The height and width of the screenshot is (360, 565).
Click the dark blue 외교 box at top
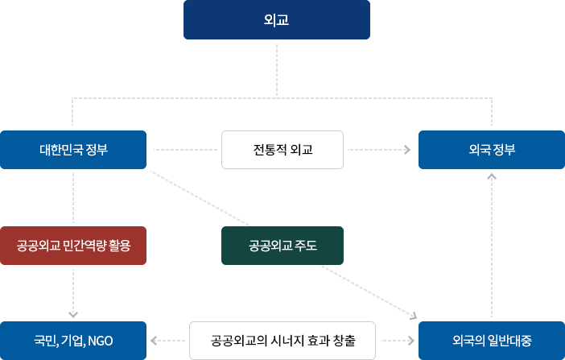[277, 20]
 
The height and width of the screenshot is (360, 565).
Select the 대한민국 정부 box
[73, 150]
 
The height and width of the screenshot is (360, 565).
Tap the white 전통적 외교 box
[282, 150]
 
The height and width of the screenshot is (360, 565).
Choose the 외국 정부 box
[492, 150]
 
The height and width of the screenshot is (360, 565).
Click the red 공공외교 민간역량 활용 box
[73, 246]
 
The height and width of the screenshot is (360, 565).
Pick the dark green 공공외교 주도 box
[282, 246]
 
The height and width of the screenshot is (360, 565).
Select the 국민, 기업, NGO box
[73, 341]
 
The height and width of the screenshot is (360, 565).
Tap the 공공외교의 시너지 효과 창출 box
[282, 341]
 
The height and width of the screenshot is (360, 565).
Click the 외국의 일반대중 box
[492, 341]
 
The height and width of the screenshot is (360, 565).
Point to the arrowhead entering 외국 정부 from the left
[406, 150]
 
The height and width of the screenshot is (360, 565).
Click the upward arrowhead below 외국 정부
[492, 175]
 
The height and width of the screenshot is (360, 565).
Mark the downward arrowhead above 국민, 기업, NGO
[73, 314]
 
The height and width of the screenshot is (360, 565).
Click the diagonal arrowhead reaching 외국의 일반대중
[413, 317]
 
